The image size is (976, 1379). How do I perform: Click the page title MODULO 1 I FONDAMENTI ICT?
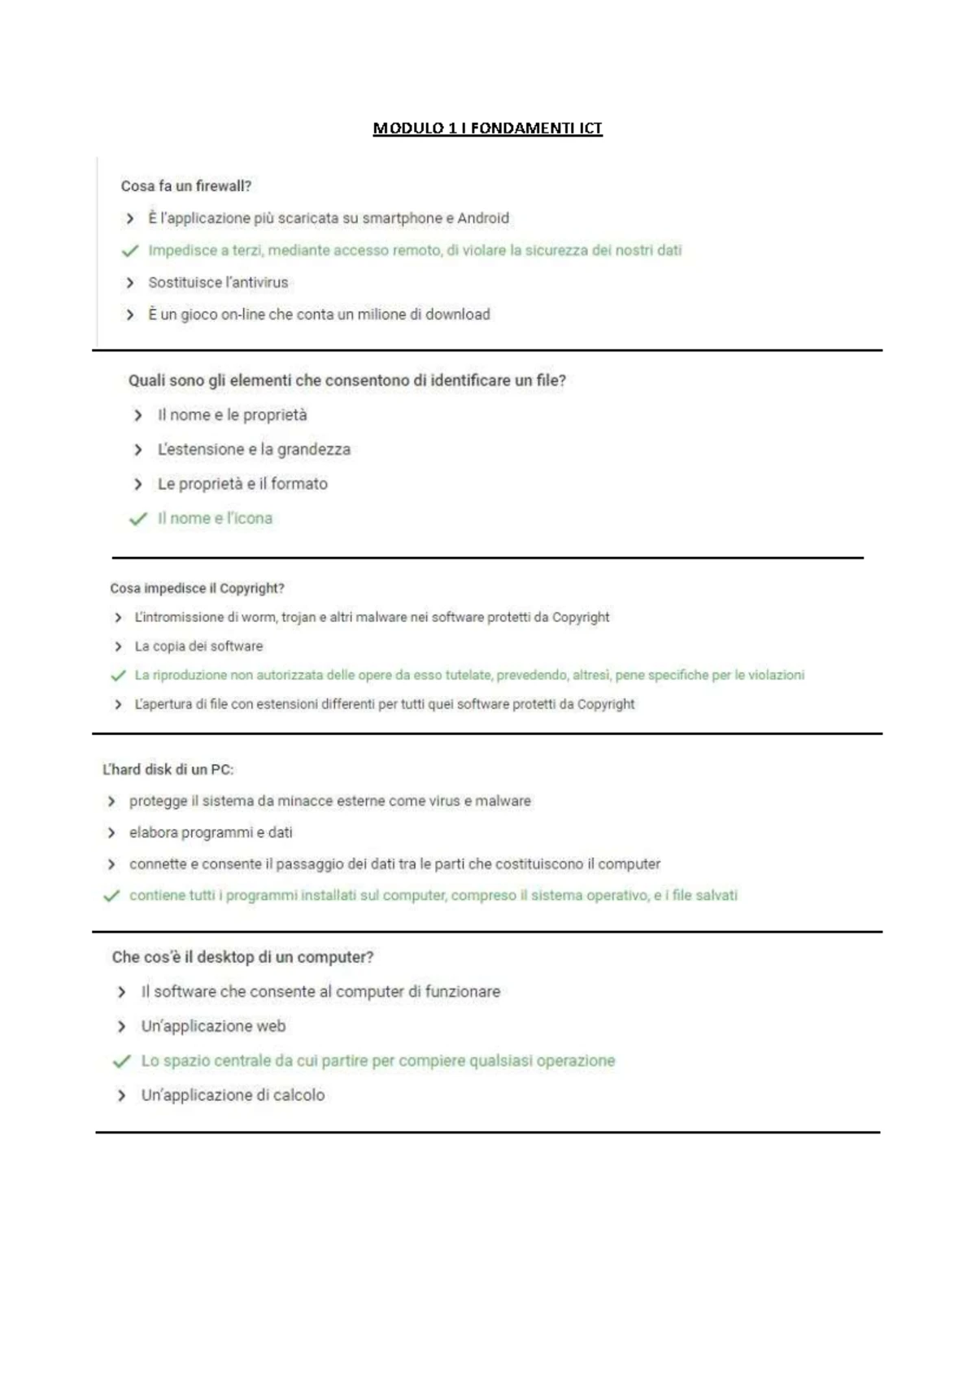point(487,128)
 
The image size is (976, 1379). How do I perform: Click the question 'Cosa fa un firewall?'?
point(186,186)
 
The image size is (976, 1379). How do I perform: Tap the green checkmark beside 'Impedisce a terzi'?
point(130,251)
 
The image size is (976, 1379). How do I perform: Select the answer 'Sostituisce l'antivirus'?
point(218,283)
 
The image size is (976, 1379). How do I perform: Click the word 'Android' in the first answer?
point(483,219)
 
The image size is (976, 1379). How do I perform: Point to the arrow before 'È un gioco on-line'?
point(130,315)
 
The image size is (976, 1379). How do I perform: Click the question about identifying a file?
point(346,381)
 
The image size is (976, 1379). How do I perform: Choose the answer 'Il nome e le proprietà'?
point(232,415)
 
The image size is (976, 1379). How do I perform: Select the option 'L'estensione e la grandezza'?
point(254,450)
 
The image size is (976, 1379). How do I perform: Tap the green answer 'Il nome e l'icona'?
point(215,519)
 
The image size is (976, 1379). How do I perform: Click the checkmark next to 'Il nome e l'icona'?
point(138,519)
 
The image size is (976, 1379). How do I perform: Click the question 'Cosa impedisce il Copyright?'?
point(197,589)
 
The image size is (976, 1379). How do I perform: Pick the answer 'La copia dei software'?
point(198,646)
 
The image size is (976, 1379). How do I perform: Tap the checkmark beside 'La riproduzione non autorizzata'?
point(119,676)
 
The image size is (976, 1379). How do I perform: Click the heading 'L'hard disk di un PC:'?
point(168,770)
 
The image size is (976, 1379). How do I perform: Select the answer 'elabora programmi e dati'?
point(211,833)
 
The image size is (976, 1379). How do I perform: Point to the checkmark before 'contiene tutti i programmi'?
point(111,896)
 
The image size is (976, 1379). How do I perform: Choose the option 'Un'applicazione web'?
point(213,1027)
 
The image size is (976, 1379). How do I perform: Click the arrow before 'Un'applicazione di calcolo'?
point(122,1096)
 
